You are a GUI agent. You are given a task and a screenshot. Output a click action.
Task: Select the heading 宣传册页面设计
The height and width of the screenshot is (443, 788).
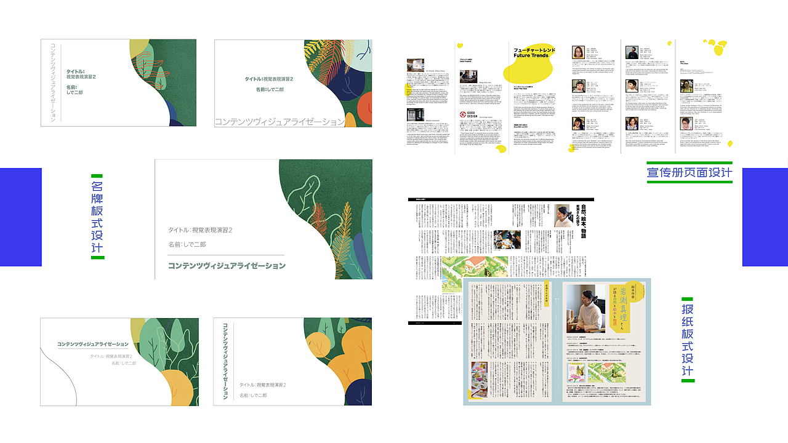point(689,172)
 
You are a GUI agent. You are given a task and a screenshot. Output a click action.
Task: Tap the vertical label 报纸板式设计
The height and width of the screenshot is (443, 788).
point(688,340)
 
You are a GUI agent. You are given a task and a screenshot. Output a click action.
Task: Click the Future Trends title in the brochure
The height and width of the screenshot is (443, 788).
point(534,52)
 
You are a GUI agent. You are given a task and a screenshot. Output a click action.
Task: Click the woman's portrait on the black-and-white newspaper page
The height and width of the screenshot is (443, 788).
point(561,215)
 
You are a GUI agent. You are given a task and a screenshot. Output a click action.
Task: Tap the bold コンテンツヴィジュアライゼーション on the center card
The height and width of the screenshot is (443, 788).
point(227,266)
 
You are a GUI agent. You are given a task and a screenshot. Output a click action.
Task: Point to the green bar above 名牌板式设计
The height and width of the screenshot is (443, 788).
point(97,176)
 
